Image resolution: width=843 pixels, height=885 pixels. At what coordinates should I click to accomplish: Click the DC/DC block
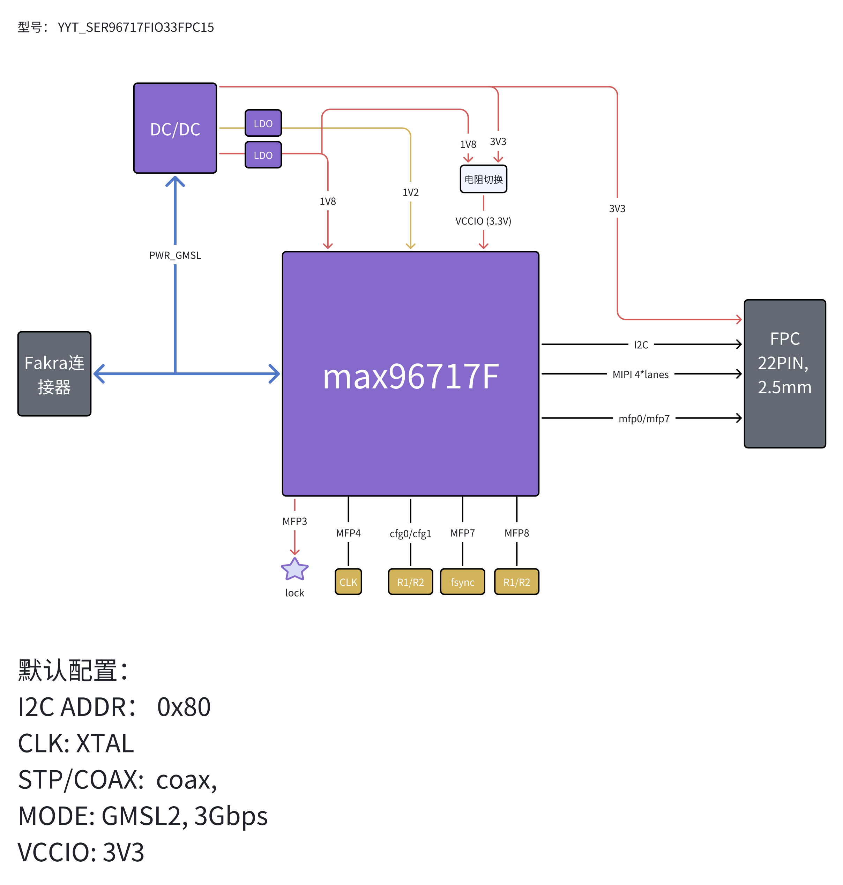point(175,128)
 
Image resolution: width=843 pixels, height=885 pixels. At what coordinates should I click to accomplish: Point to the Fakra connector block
point(54,374)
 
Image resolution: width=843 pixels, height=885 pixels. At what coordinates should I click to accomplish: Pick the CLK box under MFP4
point(348,582)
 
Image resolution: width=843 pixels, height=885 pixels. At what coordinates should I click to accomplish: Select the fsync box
point(462,582)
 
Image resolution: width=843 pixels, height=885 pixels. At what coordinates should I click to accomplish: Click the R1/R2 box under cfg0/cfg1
point(410,582)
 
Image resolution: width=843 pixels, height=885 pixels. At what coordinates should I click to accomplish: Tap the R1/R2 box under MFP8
point(516,582)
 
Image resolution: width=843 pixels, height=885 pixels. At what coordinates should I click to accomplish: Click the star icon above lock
point(294,569)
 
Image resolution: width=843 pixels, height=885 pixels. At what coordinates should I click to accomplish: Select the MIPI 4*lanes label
point(640,374)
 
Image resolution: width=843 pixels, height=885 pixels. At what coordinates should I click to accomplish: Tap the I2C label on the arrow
point(640,345)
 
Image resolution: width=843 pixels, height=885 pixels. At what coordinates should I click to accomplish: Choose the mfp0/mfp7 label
point(643,418)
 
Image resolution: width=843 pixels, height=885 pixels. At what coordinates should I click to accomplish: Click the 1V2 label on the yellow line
point(410,192)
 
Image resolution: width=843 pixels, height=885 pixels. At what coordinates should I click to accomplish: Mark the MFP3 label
point(294,521)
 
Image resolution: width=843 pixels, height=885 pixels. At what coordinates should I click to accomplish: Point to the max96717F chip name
point(410,376)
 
